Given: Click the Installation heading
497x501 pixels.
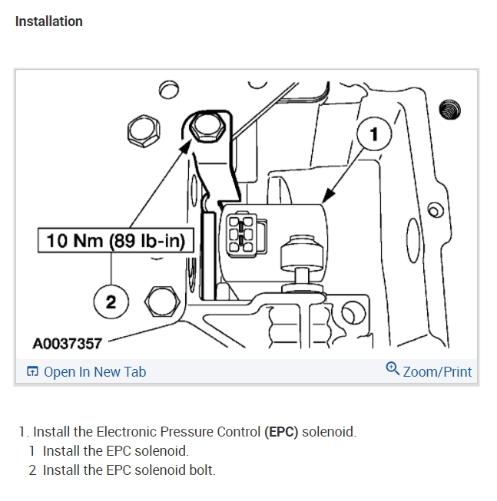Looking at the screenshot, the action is tap(48, 21).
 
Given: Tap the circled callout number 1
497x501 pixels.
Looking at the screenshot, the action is tap(374, 135).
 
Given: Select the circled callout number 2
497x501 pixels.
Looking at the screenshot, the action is tap(111, 302).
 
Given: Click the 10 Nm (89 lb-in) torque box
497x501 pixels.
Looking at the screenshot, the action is tap(116, 240).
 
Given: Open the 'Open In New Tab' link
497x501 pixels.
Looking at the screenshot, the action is tap(94, 372).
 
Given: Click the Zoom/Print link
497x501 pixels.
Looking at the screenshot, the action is tap(437, 372).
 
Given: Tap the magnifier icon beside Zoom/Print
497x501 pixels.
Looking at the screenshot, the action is tap(393, 370).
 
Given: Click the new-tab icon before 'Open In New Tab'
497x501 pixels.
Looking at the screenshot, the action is tap(32, 372).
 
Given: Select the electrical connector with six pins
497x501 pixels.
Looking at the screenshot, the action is tap(243, 233).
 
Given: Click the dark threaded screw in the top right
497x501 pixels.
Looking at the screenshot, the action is tap(449, 110).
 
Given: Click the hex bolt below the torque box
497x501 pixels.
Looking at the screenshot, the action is tap(160, 302).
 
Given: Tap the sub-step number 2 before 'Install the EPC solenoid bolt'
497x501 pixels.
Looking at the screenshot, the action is tap(32, 470).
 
